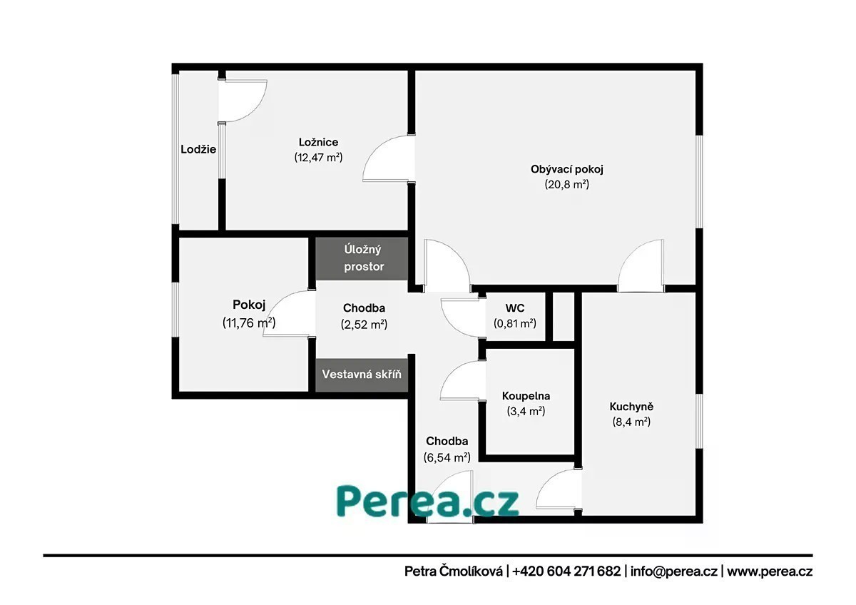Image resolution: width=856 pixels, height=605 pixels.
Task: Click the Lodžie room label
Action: [198, 149]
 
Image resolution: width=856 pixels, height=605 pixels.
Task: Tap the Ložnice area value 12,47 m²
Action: [318, 157]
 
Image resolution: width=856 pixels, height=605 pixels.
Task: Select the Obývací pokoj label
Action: [566, 169]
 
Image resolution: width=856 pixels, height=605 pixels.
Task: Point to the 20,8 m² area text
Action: [566, 184]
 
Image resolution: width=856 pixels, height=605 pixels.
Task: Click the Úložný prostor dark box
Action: [362, 258]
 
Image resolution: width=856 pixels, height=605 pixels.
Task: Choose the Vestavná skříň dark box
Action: [362, 375]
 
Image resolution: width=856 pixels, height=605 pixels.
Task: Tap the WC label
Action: [515, 307]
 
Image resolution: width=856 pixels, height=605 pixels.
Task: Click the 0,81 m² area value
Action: [515, 323]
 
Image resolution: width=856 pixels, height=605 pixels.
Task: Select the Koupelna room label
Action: [526, 395]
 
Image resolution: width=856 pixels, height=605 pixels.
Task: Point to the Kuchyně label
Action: [631, 406]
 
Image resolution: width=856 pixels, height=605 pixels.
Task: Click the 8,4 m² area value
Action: [631, 422]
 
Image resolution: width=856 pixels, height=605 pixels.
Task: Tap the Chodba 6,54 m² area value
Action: [447, 457]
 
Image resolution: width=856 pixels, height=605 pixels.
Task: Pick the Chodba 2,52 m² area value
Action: [364, 324]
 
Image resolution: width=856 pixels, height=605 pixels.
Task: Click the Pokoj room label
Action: [249, 305]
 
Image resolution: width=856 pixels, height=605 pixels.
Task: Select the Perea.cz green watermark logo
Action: [427, 501]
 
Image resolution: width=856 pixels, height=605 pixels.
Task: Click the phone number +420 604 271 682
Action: [566, 571]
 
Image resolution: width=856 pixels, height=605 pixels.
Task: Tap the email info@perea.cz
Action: [673, 571]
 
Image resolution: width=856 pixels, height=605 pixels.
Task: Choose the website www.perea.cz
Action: [770, 571]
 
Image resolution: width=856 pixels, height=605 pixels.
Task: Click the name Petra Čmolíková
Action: [454, 571]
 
